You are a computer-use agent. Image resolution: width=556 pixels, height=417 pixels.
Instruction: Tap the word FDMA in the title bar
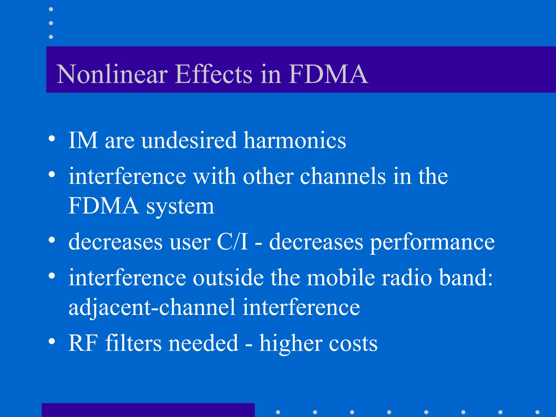click(x=328, y=74)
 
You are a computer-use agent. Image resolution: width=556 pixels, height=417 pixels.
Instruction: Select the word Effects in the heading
click(x=214, y=74)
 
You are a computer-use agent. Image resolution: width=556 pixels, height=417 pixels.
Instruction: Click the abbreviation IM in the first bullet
click(x=83, y=140)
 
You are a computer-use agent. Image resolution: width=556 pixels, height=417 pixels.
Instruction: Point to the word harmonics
click(x=295, y=140)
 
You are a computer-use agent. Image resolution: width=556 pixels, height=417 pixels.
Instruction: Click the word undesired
click(x=189, y=140)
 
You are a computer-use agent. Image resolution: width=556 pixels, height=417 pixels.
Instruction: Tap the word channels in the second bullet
click(x=343, y=176)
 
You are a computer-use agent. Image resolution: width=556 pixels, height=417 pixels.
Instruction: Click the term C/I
click(x=232, y=242)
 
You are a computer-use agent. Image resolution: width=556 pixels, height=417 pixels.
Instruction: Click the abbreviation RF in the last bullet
click(x=83, y=343)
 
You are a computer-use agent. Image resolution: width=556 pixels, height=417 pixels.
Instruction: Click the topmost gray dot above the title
click(x=51, y=9)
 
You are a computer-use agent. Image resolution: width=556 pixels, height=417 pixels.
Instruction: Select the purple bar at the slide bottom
click(x=148, y=410)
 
